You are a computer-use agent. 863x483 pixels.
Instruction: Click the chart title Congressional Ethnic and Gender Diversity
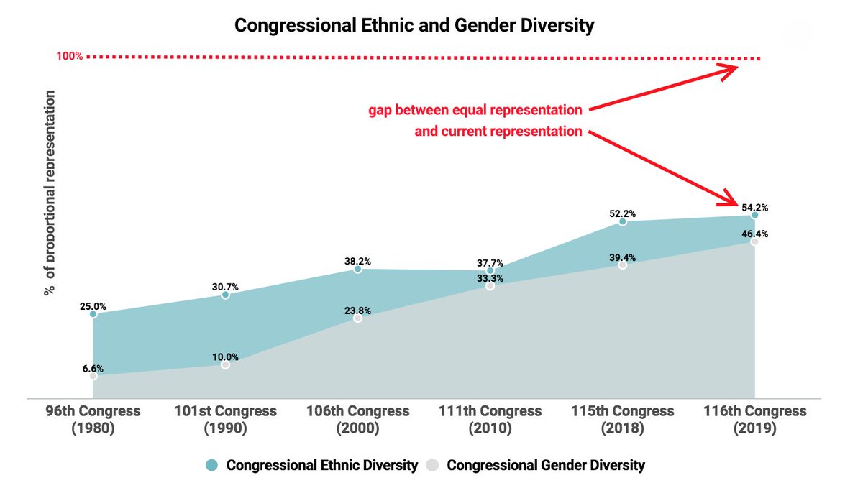(415, 27)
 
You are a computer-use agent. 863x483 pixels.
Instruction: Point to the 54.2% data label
(755, 207)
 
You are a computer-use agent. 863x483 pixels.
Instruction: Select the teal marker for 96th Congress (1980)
(93, 314)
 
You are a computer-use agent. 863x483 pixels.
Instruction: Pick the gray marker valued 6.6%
(93, 376)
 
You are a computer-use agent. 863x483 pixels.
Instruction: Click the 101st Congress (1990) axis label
(225, 420)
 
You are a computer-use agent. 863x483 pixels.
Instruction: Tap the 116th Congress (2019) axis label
(754, 420)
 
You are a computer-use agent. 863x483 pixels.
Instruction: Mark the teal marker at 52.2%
(622, 222)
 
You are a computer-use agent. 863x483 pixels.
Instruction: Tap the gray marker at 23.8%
(357, 318)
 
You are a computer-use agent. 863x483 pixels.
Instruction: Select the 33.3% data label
(490, 278)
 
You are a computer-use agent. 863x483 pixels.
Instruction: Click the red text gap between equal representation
(475, 110)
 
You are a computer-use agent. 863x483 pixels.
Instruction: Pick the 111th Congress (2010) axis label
(490, 420)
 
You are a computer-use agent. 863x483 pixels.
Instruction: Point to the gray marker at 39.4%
(622, 265)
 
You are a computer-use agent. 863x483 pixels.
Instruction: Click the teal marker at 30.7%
(225, 295)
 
